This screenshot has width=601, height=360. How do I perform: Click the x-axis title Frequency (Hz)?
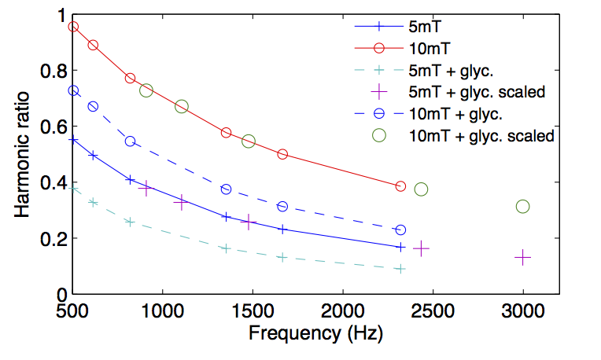coord(315,332)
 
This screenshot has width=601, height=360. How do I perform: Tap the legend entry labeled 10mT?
coord(425,46)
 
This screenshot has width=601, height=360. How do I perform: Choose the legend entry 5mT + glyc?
coord(455,69)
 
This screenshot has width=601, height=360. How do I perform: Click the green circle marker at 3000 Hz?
coord(523,206)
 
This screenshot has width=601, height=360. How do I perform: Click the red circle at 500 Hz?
coord(73,27)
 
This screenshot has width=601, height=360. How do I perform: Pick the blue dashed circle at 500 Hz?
coord(73,90)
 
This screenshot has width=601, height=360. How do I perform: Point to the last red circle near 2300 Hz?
coord(400,186)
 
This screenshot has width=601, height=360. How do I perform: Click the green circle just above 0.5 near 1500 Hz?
coord(249,141)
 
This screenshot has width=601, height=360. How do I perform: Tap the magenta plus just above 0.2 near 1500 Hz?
coord(249,222)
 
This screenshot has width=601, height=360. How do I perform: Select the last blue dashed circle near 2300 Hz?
coord(400,230)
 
